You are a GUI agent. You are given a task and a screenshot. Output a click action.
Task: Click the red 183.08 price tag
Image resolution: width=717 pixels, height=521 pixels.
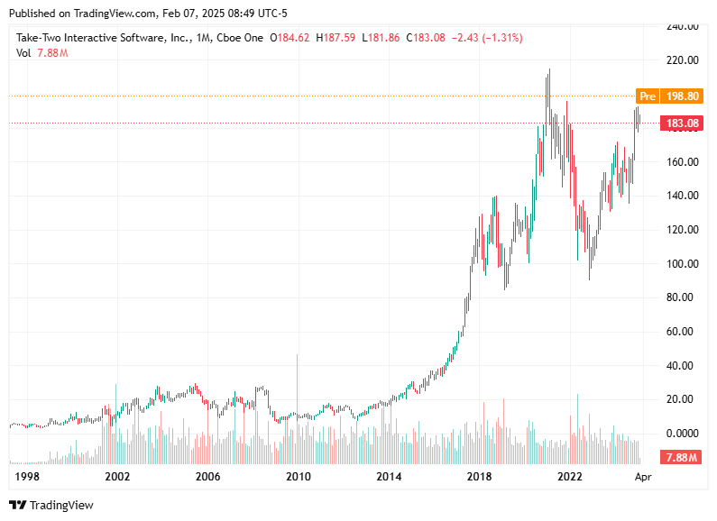click(x=677, y=123)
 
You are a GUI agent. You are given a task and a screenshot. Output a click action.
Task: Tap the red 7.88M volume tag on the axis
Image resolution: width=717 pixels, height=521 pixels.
click(x=679, y=457)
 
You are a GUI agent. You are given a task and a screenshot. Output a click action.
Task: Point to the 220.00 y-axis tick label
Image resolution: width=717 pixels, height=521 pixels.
click(x=683, y=60)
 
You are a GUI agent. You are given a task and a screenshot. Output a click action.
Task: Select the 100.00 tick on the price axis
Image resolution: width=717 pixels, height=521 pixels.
click(x=683, y=263)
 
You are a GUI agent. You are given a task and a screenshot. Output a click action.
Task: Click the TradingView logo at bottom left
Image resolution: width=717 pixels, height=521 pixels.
click(x=51, y=505)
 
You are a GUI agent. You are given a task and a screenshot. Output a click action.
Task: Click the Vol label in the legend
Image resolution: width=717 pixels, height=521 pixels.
click(x=24, y=53)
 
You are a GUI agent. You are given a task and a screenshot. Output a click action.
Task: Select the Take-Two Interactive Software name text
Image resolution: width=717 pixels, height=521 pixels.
click(x=100, y=38)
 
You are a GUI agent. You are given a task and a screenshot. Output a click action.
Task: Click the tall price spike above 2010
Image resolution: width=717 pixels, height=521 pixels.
click(x=297, y=379)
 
